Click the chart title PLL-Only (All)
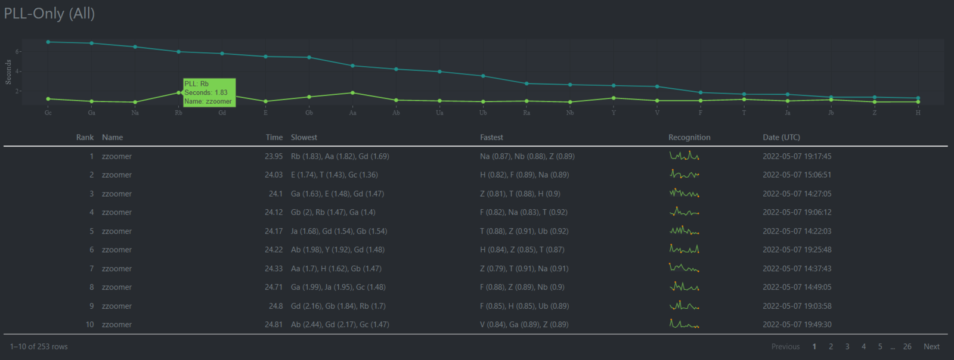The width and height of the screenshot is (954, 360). coord(49,13)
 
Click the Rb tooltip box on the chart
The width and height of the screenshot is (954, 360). coord(209,92)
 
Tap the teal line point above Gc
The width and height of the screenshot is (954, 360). coord(48,42)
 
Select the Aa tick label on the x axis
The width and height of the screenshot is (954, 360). coord(352,113)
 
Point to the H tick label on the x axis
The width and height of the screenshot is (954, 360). coord(918,113)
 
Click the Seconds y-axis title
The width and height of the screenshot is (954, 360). coord(8,72)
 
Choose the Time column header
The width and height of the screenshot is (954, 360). coord(274,138)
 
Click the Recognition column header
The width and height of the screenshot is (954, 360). coord(689,138)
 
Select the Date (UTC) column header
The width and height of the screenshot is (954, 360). coord(781,138)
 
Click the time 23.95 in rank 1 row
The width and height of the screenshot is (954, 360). coord(274,156)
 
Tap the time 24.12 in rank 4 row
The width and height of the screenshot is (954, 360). coord(274,212)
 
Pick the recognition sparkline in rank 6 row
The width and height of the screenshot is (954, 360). coord(684,249)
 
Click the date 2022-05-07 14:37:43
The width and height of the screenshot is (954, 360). coord(797,269)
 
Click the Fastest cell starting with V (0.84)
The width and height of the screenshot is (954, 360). coord(524,324)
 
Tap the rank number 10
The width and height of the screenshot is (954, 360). coord(89,324)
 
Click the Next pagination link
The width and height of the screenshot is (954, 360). coord(931,346)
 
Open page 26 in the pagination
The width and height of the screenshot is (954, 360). coord(907,346)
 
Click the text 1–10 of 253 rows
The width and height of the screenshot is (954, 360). coord(39,346)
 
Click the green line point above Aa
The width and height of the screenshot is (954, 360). coord(352,93)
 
